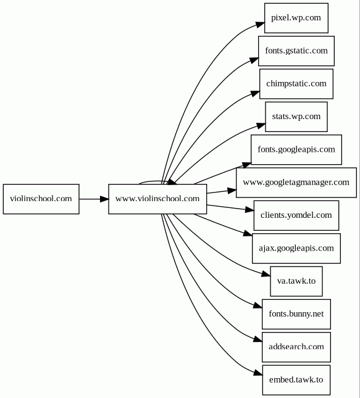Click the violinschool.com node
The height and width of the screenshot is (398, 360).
point(41,199)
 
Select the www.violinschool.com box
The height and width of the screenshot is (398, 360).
point(157,199)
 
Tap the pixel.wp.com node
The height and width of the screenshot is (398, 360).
point(296,18)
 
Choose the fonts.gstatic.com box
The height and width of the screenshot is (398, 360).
point(296,51)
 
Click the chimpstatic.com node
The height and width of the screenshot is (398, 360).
point(296,84)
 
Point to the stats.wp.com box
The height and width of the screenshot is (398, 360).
point(296,117)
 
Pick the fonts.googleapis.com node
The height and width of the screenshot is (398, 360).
point(296,150)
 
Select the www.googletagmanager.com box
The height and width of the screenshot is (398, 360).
point(296,183)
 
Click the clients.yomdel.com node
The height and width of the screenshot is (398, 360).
point(296,215)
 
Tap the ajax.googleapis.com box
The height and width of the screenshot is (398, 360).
point(296,249)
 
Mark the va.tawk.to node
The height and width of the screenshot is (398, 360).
point(296,281)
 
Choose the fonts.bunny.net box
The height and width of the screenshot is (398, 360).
point(296,314)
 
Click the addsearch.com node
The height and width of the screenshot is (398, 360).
point(296,347)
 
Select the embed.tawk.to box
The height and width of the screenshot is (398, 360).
point(296,380)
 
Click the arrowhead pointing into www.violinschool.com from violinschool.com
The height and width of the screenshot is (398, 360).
point(104,199)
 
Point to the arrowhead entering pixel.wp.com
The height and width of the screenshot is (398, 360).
point(260,24)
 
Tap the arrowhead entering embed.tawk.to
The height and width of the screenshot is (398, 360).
point(258,372)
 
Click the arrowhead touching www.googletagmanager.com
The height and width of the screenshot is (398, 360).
point(232,191)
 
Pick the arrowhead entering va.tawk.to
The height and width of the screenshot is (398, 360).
point(266,274)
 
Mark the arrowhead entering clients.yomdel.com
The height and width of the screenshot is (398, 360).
point(249,210)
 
